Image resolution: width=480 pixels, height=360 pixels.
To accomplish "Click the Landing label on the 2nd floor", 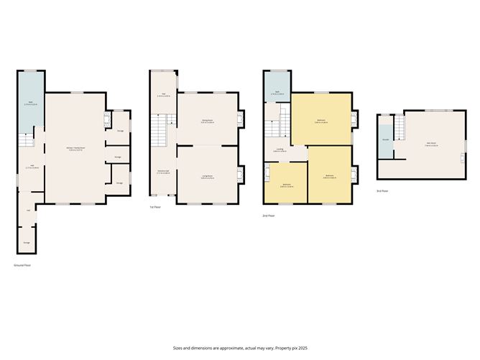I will (x=277, y=150).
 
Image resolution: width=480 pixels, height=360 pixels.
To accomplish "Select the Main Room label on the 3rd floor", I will (x=431, y=145).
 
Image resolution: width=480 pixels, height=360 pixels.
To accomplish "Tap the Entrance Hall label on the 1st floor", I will (x=163, y=171).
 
